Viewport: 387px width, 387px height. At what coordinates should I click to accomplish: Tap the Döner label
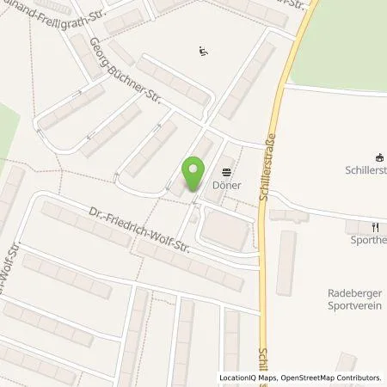[x=230, y=185]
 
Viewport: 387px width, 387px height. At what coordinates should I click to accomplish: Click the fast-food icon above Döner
[x=228, y=171]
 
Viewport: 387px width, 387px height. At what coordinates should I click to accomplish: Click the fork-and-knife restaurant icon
[x=375, y=228]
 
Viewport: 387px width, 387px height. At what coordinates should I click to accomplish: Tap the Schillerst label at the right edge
[x=362, y=170]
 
